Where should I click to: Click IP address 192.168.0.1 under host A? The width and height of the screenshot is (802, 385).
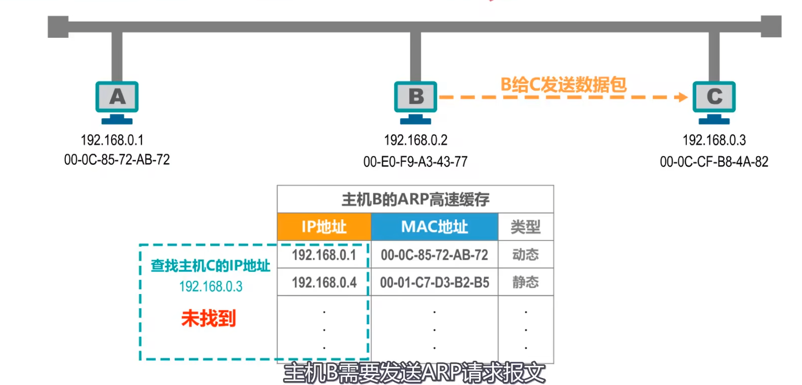[x=112, y=140]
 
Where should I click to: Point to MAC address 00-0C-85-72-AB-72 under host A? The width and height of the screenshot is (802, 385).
[x=117, y=160]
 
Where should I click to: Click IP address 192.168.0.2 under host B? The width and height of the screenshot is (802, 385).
[x=415, y=140]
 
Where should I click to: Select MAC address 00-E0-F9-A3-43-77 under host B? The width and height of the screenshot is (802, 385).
[x=415, y=162]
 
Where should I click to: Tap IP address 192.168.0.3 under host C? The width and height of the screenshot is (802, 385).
[x=714, y=140]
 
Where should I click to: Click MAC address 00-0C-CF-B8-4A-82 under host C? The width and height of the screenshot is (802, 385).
[x=714, y=162]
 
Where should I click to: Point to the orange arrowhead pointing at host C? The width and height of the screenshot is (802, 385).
[x=682, y=97]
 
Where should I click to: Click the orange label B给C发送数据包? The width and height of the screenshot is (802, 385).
[x=563, y=84]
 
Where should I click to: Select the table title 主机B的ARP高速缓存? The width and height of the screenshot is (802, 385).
[x=415, y=200]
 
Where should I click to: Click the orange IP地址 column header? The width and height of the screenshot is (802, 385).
[x=324, y=227]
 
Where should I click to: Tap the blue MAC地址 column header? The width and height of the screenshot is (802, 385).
[x=435, y=227]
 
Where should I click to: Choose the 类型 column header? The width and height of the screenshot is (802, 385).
[x=526, y=227]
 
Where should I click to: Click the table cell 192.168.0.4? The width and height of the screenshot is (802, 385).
[x=324, y=282]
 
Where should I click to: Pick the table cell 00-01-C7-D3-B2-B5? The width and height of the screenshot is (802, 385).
[x=435, y=282]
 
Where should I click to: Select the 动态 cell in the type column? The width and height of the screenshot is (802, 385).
[x=526, y=255]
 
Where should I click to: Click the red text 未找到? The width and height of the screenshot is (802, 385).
[x=208, y=318]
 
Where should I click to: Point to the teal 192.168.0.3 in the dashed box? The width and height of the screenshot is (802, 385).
[x=211, y=286]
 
